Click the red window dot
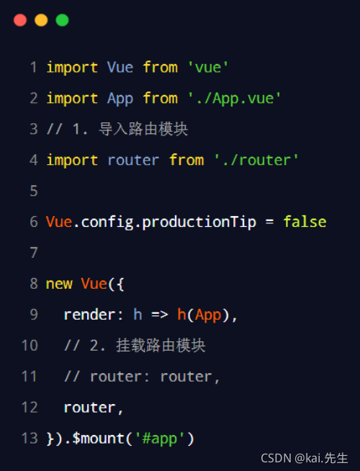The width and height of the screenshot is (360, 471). [x=20, y=20]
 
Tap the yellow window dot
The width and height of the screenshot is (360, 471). [x=41, y=20]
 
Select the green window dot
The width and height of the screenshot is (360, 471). [x=62, y=20]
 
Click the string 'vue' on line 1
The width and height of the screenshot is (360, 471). [x=208, y=67]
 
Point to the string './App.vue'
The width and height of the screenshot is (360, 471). [x=234, y=99]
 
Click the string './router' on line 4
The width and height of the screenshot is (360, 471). [x=256, y=160]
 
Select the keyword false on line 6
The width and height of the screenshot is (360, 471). [x=305, y=222]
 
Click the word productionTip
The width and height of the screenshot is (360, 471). [x=199, y=223]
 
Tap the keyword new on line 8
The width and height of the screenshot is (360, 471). [x=59, y=284]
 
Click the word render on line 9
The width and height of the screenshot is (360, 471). [x=89, y=315]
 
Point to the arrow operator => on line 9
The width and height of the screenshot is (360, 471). [x=159, y=315]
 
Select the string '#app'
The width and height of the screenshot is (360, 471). [x=160, y=439]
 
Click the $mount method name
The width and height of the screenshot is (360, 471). [x=99, y=439]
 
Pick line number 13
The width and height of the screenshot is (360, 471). [x=30, y=439]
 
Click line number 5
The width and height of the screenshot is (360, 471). [x=34, y=191]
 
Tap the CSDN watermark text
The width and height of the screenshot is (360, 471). [x=304, y=458]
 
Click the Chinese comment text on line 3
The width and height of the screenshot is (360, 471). [x=143, y=129]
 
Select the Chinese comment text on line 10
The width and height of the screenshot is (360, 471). [x=161, y=346]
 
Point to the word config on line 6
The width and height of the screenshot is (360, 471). [x=107, y=223]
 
